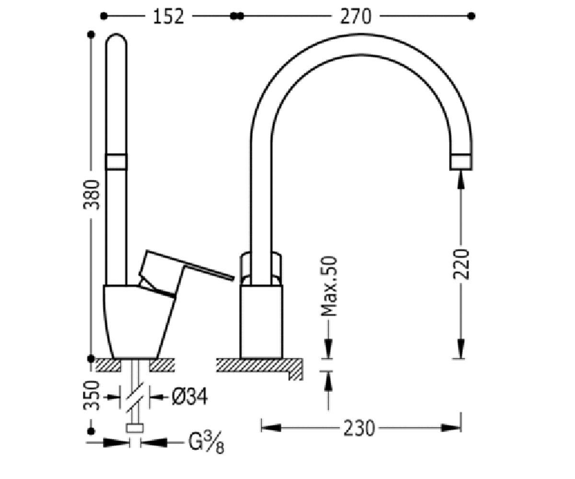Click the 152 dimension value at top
pos(168,16)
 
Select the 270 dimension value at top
pos(356,16)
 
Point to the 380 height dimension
pos(92,194)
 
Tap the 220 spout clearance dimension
pos(461,264)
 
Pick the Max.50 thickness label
pos(329,286)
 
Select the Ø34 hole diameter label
pos(190,397)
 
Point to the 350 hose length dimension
pos(92,396)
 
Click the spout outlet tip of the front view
pos(461,162)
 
